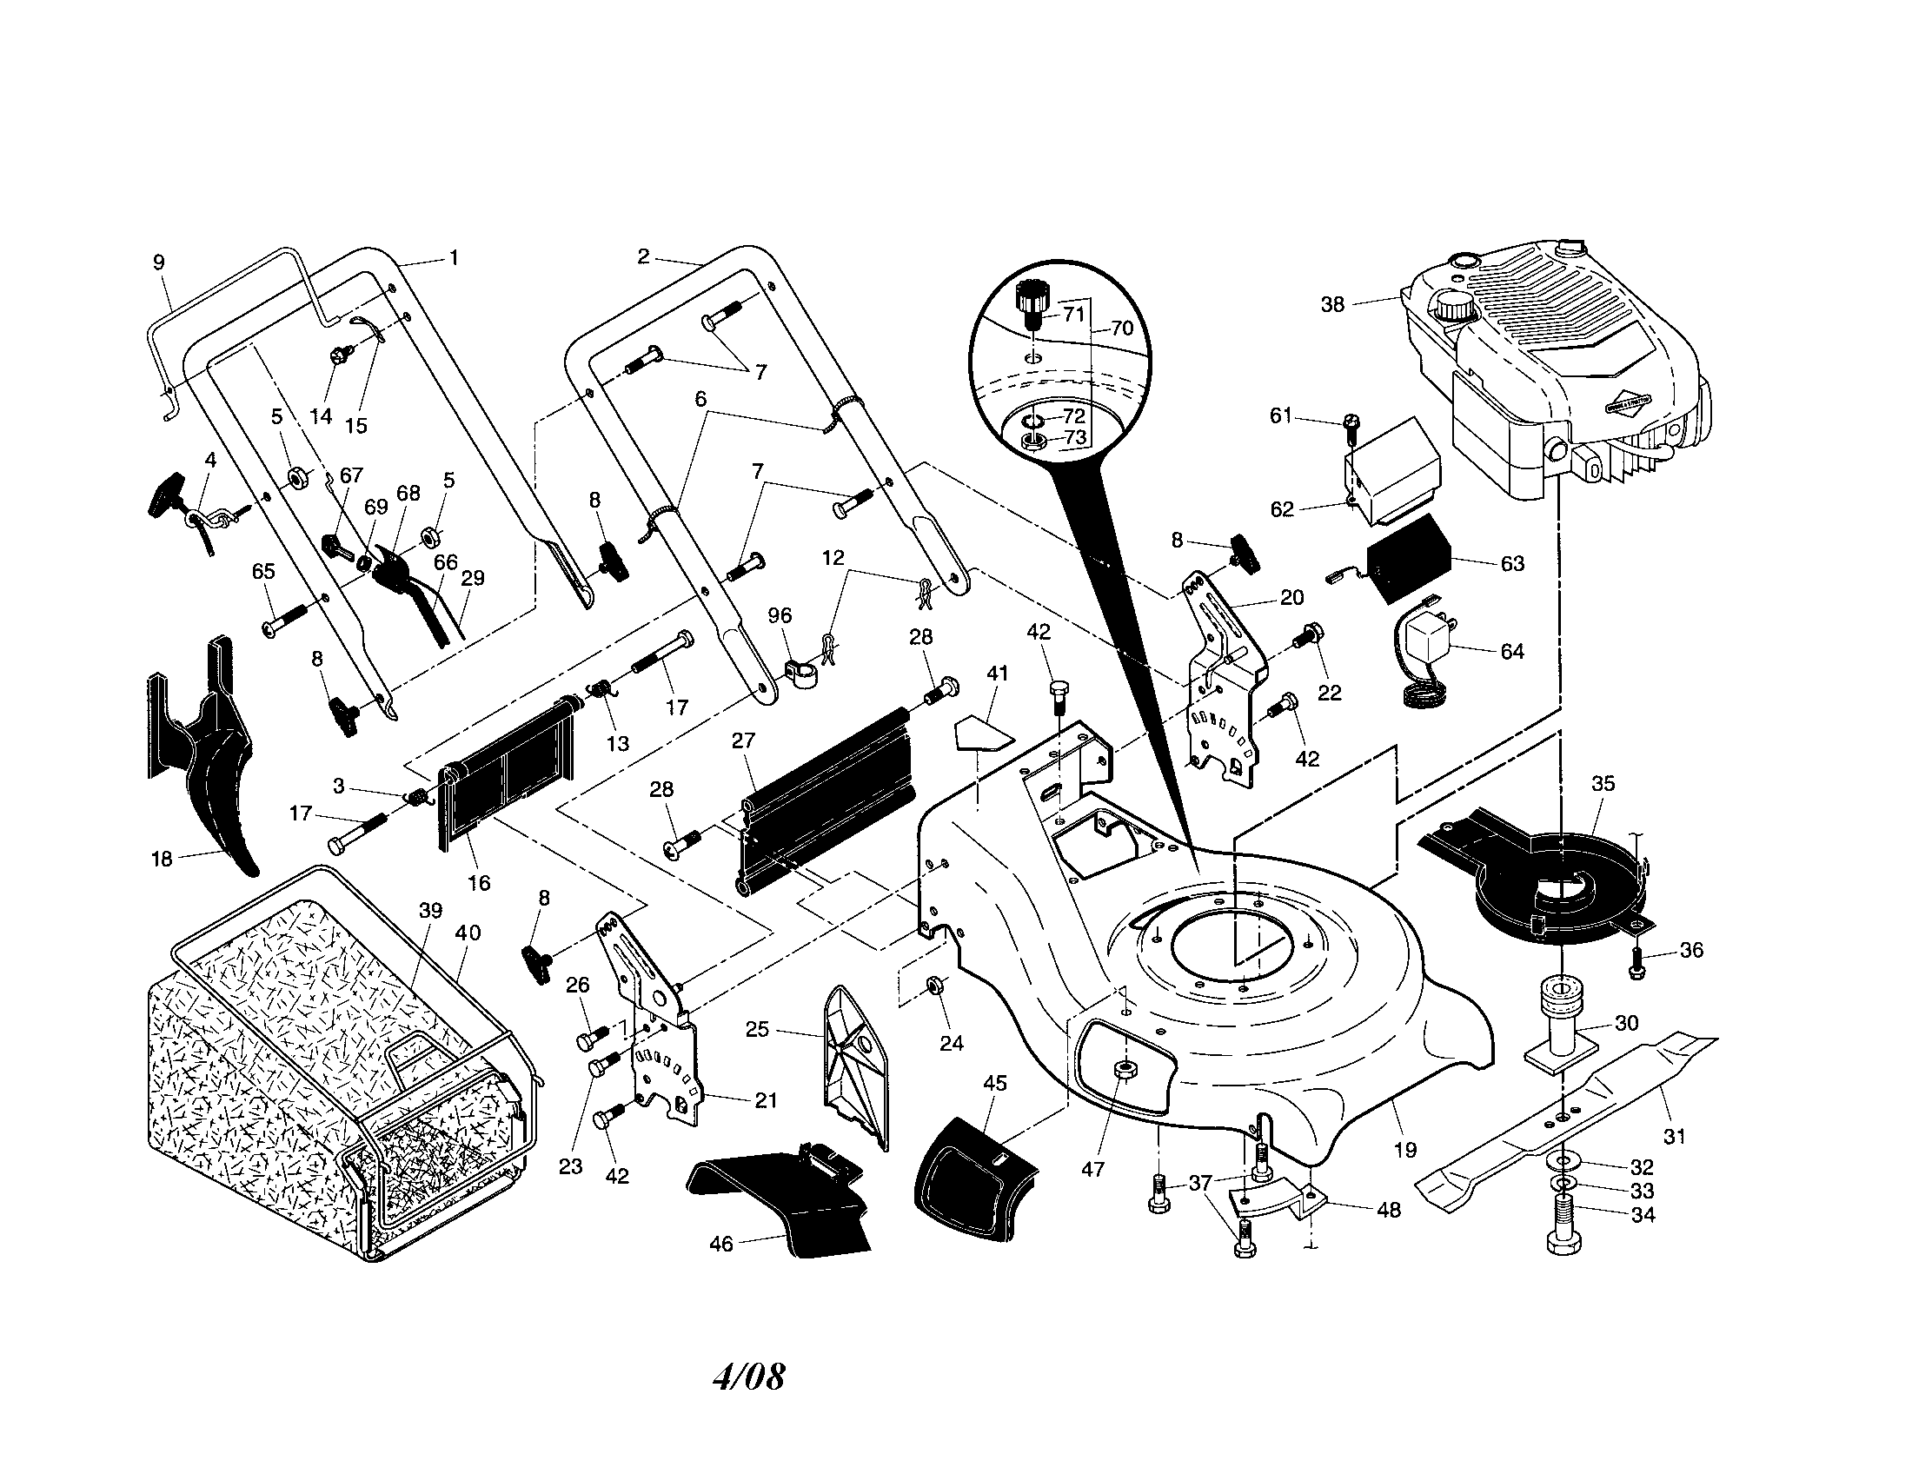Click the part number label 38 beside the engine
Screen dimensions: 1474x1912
1331,305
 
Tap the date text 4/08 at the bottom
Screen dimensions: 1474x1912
748,1376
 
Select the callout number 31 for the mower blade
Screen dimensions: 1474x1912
1674,1137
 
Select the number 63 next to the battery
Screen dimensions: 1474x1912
1512,564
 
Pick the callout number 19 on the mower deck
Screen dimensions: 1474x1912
1404,1150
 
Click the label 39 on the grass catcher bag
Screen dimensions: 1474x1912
430,910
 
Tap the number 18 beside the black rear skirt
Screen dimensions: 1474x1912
162,859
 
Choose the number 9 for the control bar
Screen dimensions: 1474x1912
158,262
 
